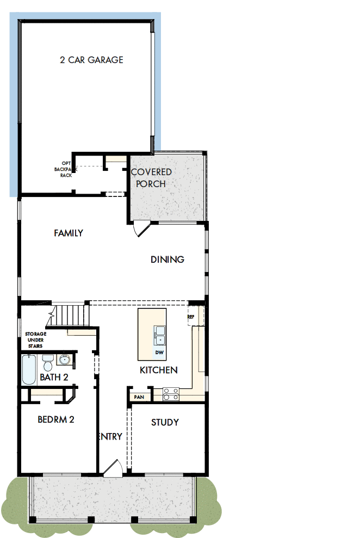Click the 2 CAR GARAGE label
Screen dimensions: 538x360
coord(91,60)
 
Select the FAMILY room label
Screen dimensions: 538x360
coord(69,233)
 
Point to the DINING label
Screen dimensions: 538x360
coord(167,259)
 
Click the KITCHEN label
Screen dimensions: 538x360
coord(159,370)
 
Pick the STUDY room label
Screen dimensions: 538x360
coord(165,422)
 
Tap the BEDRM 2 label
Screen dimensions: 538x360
coord(55,419)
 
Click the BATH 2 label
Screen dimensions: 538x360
coord(54,377)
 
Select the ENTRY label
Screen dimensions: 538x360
coord(110,436)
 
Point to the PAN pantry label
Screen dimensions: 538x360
coord(139,397)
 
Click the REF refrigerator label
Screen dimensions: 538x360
coord(191,316)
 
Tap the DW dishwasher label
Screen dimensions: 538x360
coord(159,353)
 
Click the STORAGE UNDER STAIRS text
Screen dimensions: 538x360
coord(36,340)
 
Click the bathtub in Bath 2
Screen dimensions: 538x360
coord(29,370)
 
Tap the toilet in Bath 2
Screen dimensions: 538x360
coord(47,361)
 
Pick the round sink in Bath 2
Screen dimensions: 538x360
coord(65,360)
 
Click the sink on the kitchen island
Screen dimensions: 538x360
coord(160,335)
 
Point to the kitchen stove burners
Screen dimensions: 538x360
coord(171,393)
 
